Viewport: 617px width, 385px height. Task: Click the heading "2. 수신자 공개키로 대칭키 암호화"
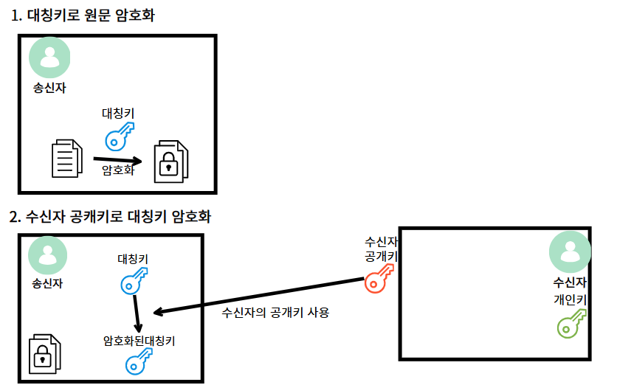point(110,217)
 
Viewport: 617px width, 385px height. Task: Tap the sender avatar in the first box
point(49,58)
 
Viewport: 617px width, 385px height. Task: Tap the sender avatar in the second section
point(48,255)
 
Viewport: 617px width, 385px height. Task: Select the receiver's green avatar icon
point(570,253)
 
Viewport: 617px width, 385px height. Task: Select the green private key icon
point(571,322)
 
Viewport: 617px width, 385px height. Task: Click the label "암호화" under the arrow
point(117,170)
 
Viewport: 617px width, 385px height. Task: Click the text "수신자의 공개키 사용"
point(275,312)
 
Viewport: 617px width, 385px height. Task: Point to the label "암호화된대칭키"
point(139,341)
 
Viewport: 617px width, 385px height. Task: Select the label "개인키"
point(570,300)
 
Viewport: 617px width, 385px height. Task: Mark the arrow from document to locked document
point(117,159)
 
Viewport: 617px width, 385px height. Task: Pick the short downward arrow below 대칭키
point(137,313)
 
